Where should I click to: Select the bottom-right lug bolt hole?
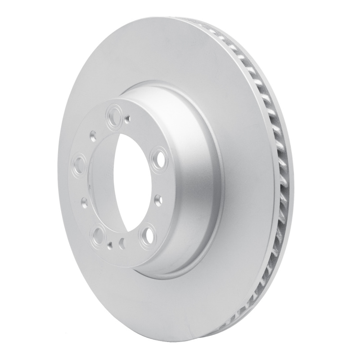click(147, 236)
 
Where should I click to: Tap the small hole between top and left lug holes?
click(93, 134)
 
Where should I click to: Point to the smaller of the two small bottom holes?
click(111, 244)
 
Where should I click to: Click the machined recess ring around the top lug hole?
click(108, 115)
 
